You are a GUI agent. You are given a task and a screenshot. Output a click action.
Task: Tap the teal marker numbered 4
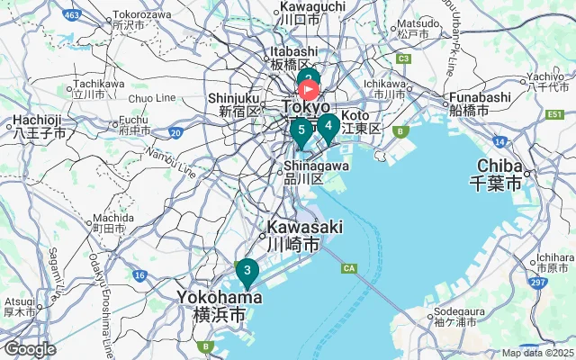click(x=328, y=126)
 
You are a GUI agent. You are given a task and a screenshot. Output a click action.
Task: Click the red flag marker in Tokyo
click(x=309, y=89)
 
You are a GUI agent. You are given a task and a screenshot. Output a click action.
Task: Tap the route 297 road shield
click(x=538, y=283)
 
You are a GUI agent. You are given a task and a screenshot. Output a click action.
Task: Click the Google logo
click(x=30, y=349)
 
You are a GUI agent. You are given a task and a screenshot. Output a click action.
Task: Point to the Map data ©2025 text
click(x=537, y=353)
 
